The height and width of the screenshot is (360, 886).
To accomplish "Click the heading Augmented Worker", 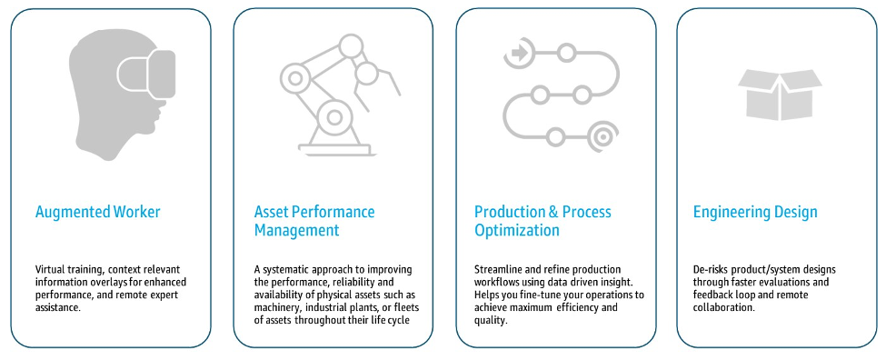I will pos(97,213).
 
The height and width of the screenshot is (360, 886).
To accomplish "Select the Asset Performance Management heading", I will pos(314,221).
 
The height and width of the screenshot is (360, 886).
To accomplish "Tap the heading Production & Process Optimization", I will pos(543,221).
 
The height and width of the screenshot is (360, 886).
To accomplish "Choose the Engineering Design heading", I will pos(755,213).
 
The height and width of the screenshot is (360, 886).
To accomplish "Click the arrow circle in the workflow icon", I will pos(519,53).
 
